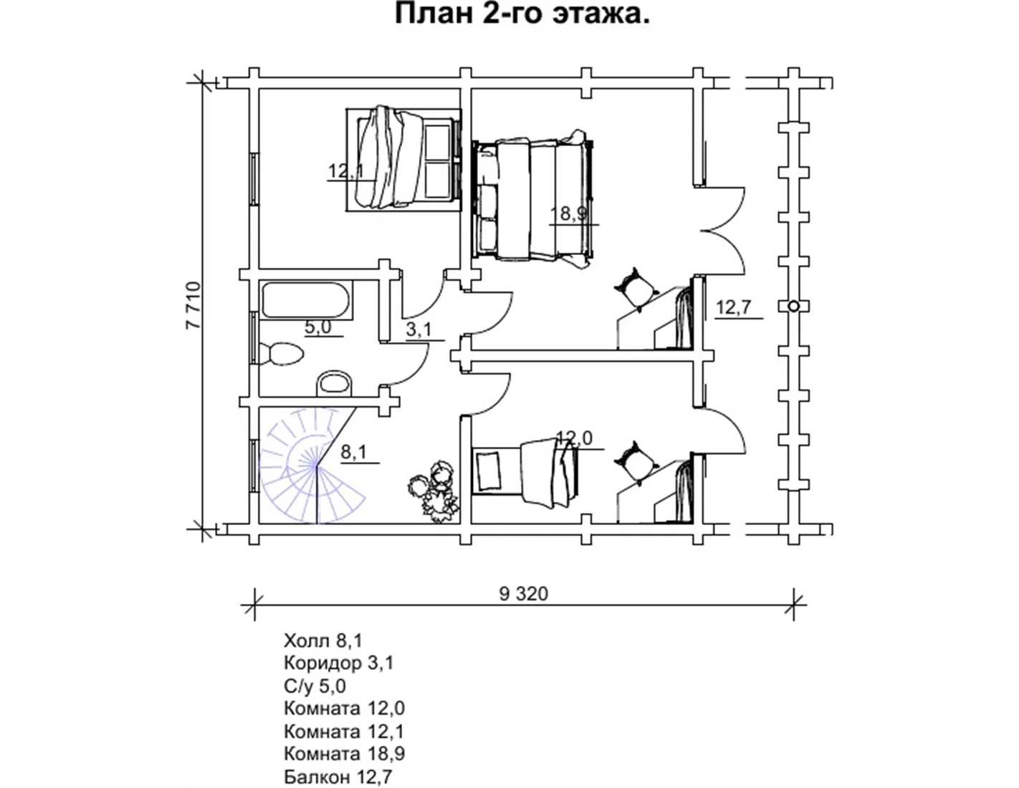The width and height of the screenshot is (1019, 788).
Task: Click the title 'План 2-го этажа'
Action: [522, 14]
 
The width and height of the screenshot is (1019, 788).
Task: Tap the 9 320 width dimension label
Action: [523, 594]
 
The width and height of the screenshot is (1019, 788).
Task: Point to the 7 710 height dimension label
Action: [193, 305]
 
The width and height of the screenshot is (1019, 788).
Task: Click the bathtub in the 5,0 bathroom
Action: [305, 300]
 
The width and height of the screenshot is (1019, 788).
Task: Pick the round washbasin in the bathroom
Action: [335, 383]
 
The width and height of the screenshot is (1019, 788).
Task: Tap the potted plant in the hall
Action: [434, 491]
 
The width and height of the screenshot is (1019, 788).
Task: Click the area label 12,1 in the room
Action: [346, 171]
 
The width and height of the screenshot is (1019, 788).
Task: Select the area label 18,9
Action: [569, 213]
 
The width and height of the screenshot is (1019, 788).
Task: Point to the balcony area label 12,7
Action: [734, 307]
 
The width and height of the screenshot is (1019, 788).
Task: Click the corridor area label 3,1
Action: [418, 330]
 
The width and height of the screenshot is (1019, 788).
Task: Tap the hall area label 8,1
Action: [353, 452]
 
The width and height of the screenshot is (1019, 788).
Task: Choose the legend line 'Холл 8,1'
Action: [323, 640]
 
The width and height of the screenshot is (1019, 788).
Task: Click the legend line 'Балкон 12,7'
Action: [338, 777]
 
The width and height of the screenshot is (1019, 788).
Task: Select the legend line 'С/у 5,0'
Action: [315, 686]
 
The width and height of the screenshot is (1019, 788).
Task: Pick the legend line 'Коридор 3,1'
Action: [338, 663]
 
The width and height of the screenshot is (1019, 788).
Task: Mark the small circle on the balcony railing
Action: [793, 307]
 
